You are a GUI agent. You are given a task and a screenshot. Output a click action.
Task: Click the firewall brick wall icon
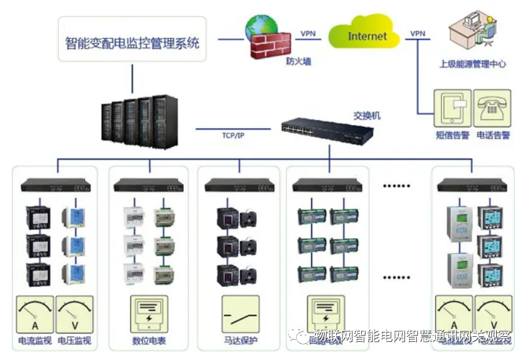click(269, 44)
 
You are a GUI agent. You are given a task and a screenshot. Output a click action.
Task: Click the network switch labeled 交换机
click(327, 129)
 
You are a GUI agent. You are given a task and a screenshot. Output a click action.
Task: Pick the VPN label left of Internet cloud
click(308, 33)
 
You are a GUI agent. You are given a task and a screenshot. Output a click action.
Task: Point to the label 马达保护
click(241, 341)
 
